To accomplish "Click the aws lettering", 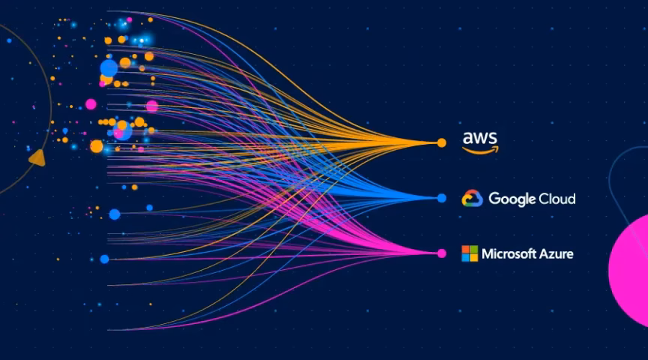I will point(480,138).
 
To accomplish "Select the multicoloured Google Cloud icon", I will point(471,198).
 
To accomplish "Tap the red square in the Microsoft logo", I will point(466,249).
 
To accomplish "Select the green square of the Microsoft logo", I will point(474,249).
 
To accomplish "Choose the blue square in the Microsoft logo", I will point(466,258).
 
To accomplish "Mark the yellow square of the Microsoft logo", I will point(474,258).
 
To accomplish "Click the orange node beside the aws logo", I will point(442,142).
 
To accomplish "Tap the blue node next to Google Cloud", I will point(442,198).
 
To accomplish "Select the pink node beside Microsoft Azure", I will point(442,253).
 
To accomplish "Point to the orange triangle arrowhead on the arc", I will point(36,157).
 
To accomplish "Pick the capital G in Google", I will point(494,199).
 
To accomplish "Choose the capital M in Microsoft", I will point(487,253).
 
